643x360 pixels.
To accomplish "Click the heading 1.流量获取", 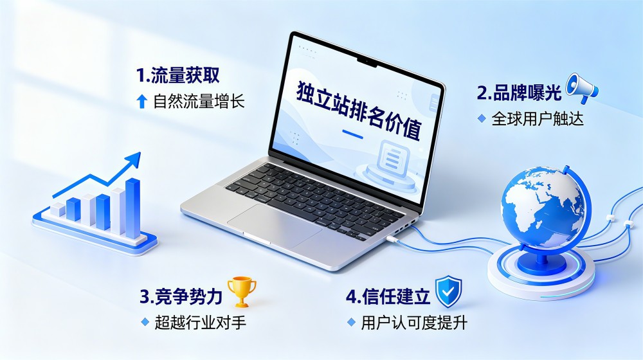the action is (x=177, y=75).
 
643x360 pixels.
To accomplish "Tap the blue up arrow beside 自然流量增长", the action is (x=142, y=101).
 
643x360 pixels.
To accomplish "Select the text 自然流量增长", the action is (x=199, y=101).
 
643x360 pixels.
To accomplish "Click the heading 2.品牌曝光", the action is (x=519, y=93).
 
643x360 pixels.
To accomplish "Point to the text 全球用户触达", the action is (x=537, y=119).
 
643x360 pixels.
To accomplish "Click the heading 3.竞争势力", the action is (x=181, y=296).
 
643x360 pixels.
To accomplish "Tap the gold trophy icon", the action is (x=242, y=291).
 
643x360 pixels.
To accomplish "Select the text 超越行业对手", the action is (x=200, y=323).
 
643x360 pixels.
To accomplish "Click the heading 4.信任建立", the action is (x=388, y=296).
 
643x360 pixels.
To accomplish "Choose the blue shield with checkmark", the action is (x=448, y=291).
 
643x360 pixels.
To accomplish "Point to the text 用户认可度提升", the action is (x=414, y=323).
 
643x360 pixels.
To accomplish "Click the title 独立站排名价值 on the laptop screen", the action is (x=359, y=111).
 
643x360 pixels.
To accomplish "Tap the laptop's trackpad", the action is (x=275, y=225).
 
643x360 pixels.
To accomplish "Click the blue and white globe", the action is (x=543, y=206).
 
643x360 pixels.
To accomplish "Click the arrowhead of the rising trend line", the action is (x=133, y=159).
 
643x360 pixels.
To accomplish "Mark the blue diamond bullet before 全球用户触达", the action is (x=482, y=118).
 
